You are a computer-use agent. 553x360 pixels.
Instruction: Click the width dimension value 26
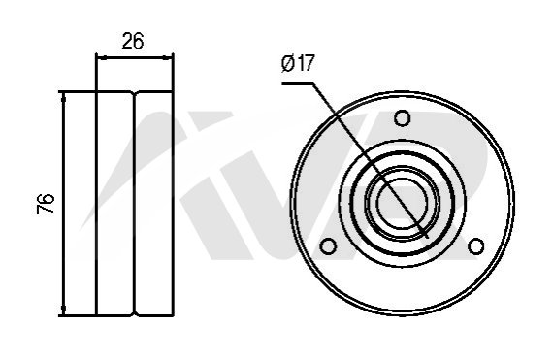tap(133, 41)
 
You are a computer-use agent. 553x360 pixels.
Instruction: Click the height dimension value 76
tap(46, 204)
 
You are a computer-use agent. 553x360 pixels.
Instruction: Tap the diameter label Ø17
tap(298, 63)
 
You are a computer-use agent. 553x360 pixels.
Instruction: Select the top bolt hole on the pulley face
tap(402, 117)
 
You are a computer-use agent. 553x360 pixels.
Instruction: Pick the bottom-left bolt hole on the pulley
tap(328, 245)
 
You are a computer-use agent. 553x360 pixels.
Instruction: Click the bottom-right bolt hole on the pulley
tap(475, 245)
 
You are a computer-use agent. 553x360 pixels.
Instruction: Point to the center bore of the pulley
tap(402, 203)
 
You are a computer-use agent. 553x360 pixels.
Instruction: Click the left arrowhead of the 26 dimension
tap(101, 57)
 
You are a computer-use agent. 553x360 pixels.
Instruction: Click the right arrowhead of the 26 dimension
tap(168, 57)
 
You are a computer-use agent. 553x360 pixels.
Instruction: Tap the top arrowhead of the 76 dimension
tap(63, 98)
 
